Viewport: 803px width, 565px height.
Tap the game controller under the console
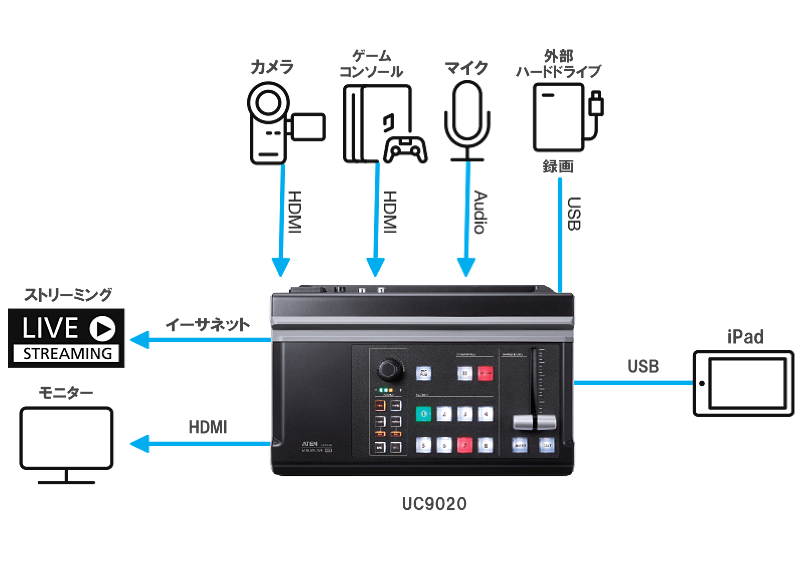tap(405, 149)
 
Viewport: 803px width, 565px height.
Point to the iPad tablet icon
tap(744, 384)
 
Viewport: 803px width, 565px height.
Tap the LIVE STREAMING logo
tap(66, 338)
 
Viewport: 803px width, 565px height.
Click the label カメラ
tap(272, 67)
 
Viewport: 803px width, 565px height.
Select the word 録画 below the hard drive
tap(558, 166)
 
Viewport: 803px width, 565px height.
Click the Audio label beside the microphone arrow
tap(480, 212)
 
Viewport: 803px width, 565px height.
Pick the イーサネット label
tap(208, 325)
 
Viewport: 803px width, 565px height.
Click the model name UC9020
tap(434, 504)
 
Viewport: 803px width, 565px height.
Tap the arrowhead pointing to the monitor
tap(139, 444)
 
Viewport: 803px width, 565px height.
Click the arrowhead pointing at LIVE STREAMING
tap(139, 340)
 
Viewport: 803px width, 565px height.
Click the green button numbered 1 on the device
tap(424, 414)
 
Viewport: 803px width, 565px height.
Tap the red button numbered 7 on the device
tap(465, 445)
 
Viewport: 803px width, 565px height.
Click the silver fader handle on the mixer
tap(534, 423)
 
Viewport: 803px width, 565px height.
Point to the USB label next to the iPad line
tap(643, 366)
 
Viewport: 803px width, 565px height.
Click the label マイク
tap(466, 68)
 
